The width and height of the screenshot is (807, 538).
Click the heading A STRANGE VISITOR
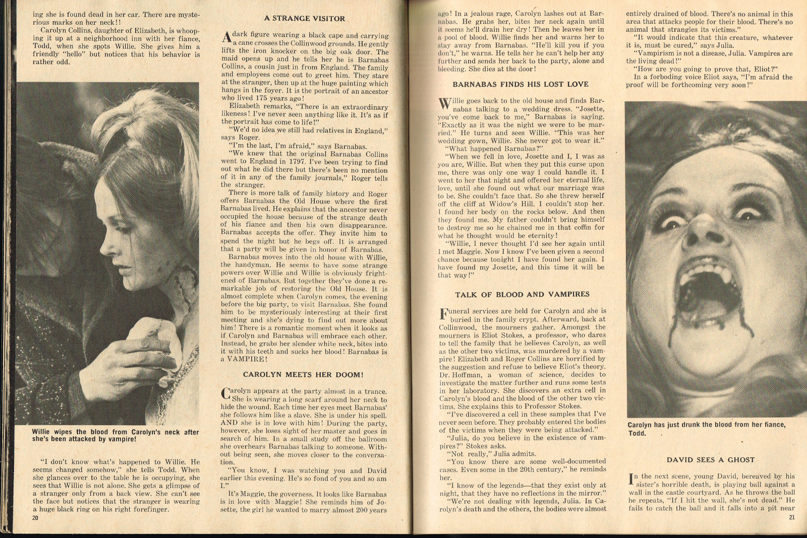[305, 19]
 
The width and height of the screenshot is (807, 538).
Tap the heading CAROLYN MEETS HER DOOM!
[303, 375]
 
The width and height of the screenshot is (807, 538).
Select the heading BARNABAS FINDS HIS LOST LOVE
[521, 85]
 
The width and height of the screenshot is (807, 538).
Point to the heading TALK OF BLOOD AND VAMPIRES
[522, 295]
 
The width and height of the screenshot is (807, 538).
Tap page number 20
[35, 517]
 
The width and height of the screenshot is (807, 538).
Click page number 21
[791, 517]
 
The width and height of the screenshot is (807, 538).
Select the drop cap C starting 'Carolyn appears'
[226, 394]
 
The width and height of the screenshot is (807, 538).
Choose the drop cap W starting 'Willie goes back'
[444, 104]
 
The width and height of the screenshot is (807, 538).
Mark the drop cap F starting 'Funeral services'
[444, 314]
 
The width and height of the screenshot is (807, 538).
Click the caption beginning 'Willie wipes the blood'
[116, 435]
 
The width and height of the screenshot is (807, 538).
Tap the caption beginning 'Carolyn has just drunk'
[706, 429]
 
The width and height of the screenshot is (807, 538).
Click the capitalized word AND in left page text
[229, 423]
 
